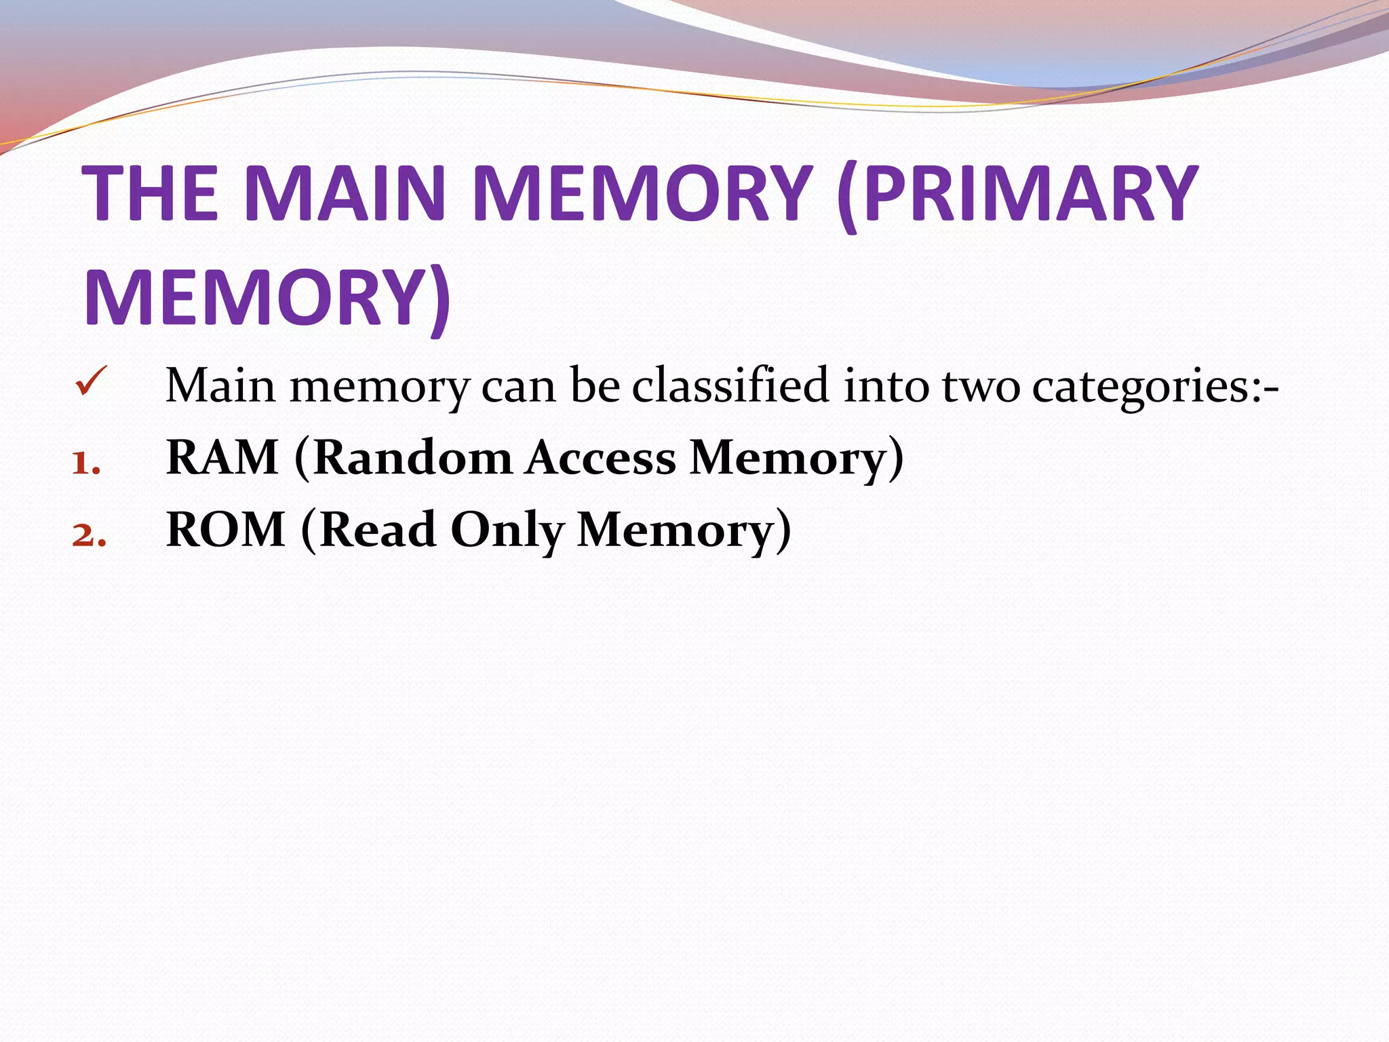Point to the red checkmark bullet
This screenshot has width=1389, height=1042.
(91, 381)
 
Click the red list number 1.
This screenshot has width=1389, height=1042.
(86, 465)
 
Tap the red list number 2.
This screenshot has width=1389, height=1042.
(89, 536)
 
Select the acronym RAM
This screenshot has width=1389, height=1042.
(222, 457)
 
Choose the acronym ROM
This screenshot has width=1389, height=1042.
(226, 529)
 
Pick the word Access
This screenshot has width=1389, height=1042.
(601, 457)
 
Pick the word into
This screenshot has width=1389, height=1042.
(886, 385)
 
